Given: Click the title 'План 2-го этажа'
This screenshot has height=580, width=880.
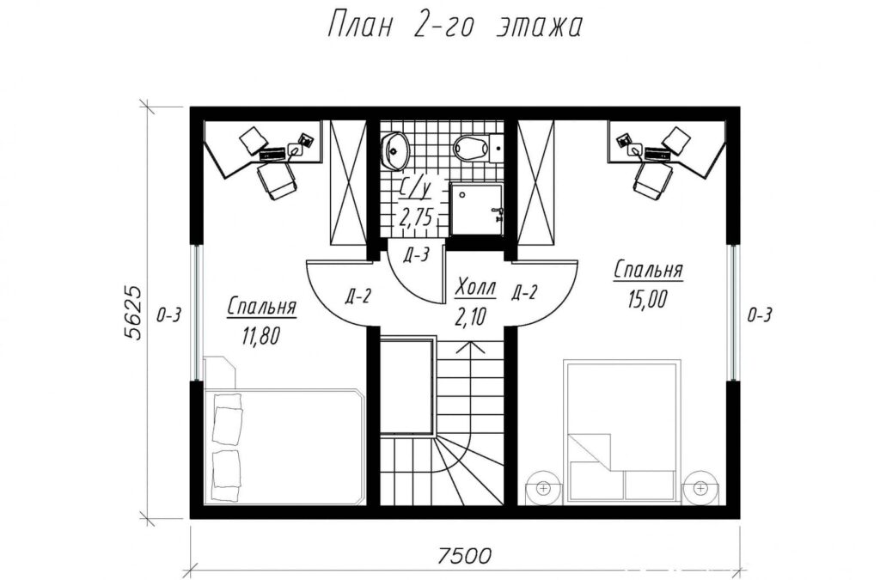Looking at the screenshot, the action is click(x=454, y=26).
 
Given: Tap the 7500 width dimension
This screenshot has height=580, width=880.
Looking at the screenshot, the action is click(x=463, y=555).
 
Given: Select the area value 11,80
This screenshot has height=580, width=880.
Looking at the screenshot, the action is click(x=260, y=335).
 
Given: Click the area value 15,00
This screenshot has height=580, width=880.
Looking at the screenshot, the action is click(x=648, y=300).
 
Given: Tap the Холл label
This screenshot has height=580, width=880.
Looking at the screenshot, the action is click(x=475, y=288).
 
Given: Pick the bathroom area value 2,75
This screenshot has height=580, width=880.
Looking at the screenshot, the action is click(x=416, y=217).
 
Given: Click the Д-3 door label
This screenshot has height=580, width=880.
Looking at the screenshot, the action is click(x=416, y=255).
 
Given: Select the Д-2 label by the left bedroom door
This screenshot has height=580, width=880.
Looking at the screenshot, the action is click(x=357, y=296).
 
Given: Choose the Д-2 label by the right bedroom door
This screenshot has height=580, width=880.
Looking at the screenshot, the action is click(x=525, y=292).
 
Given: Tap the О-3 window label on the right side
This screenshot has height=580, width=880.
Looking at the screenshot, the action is click(x=759, y=315).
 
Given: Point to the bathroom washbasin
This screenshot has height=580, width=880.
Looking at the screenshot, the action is click(x=395, y=150).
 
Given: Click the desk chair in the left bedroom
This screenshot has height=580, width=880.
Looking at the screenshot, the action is click(x=276, y=180).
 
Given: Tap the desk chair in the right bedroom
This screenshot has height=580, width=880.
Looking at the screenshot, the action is click(x=654, y=179).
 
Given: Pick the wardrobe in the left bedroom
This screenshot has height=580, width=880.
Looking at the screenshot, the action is click(x=348, y=183).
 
